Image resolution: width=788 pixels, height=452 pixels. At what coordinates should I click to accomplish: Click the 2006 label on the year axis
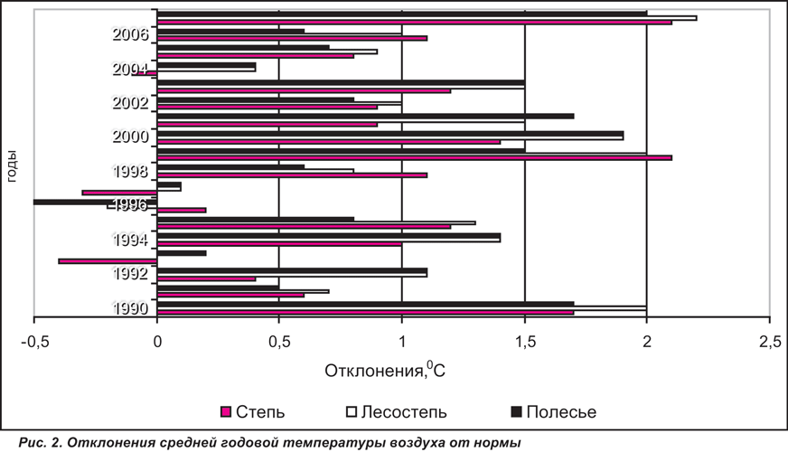pos(131,34)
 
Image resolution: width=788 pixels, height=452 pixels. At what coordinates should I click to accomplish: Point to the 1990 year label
pos(131,307)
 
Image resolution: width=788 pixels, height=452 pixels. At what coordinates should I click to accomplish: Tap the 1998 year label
pos(131,172)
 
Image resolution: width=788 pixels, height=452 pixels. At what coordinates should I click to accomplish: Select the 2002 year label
pos(131,102)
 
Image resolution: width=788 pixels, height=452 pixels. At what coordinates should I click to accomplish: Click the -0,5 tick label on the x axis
pos(34,342)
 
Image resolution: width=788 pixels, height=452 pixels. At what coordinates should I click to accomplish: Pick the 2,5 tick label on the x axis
pos(770,342)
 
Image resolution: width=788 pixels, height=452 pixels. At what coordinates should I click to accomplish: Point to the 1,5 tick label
pos(525,342)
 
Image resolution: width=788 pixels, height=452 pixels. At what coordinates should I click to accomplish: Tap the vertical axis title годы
pos(11,166)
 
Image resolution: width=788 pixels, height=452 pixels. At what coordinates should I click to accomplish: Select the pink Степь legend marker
pos(226,412)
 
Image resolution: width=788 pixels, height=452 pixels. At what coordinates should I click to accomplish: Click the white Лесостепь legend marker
pos(352,412)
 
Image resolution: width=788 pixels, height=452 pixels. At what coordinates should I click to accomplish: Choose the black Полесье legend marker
pos(516,412)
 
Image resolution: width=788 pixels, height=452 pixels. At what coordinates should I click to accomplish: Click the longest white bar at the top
pos(427,18)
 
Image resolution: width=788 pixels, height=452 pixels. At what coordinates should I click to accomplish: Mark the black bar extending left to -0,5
pos(96,202)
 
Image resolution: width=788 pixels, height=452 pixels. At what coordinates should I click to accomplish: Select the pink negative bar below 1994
pos(108,261)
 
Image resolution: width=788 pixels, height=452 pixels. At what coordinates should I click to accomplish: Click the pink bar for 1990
pos(365,313)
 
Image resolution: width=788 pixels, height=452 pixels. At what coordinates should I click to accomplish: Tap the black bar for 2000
pos(390,133)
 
